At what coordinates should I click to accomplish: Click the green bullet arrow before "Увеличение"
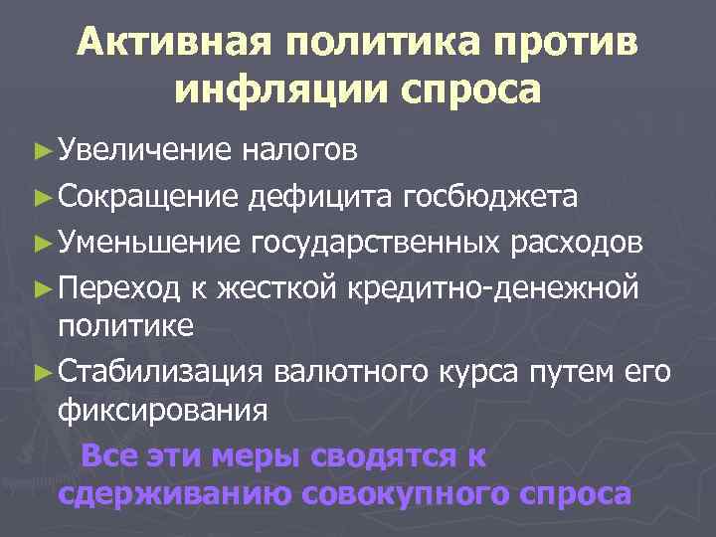(41, 150)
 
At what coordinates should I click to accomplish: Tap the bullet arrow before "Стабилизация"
(41, 373)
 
